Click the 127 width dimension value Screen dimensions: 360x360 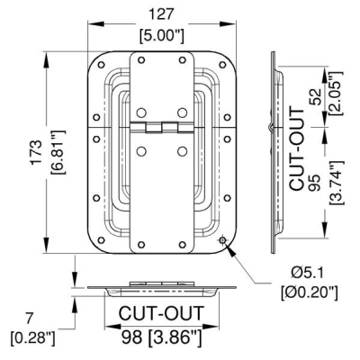pos(161,14)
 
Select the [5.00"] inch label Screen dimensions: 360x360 pos(161,36)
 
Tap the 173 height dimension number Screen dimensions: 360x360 pos(36,152)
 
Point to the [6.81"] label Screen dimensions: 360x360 pos(58,152)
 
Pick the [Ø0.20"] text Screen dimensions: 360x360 pos(310,292)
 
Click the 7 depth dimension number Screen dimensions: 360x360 pos(29,319)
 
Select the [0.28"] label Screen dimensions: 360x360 pos(33,338)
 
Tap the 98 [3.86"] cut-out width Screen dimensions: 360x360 pos(161,337)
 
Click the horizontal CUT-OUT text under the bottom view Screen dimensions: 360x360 pos(161,313)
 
